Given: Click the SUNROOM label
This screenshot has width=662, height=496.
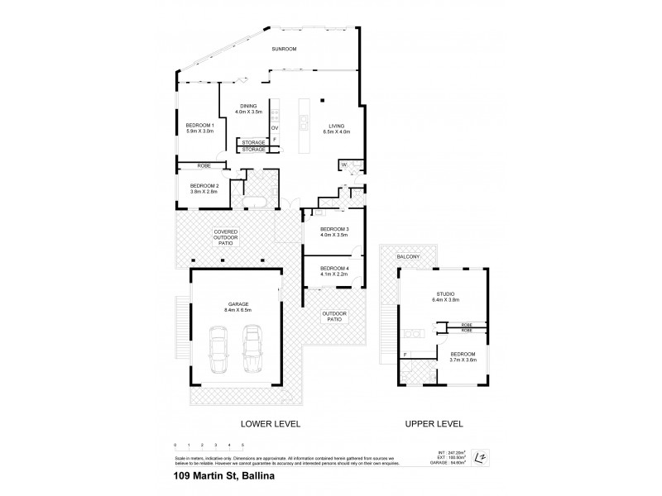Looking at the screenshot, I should click(284, 50).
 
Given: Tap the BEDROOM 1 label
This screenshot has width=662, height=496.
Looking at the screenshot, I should click(199, 124).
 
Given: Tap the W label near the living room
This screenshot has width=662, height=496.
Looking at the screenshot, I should click(343, 165).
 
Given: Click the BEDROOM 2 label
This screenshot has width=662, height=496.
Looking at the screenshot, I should click(204, 185).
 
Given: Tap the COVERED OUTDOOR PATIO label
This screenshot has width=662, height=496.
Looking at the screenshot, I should click(226, 237).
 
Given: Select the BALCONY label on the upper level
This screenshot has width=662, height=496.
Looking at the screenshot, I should click(409, 256).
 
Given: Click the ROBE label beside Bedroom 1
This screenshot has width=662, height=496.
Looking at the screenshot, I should click(204, 166).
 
